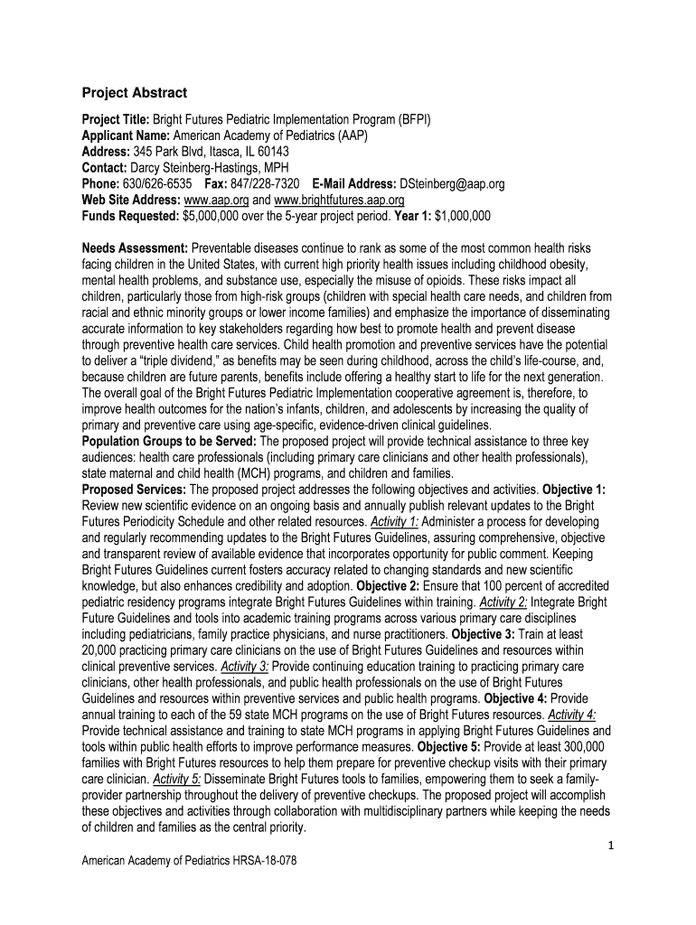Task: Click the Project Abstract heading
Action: click(135, 92)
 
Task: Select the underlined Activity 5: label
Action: click(177, 780)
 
